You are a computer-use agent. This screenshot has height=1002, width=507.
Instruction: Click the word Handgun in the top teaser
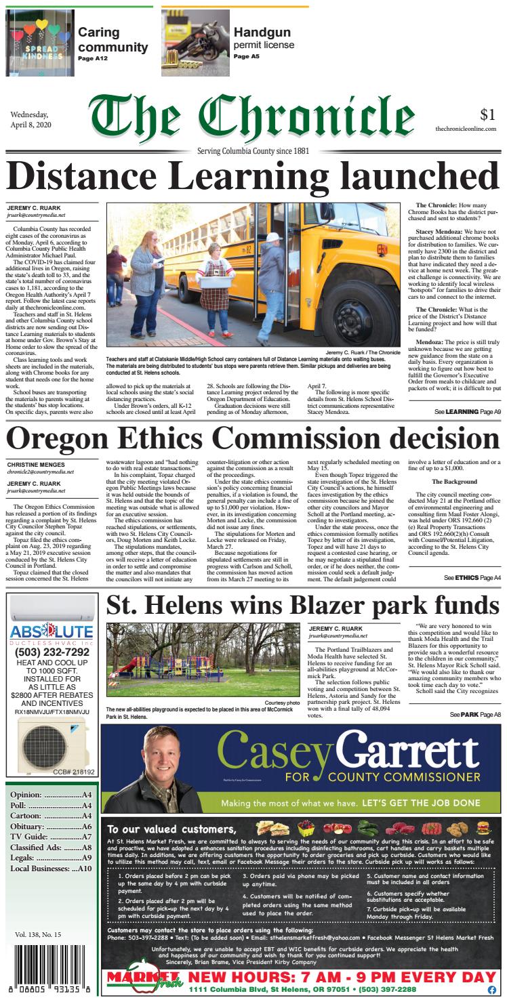pyautogui.click(x=262, y=32)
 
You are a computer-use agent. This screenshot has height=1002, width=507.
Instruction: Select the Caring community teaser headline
pyautogui.click(x=113, y=39)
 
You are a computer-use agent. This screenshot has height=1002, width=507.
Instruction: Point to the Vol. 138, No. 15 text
pyautogui.click(x=37, y=934)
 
